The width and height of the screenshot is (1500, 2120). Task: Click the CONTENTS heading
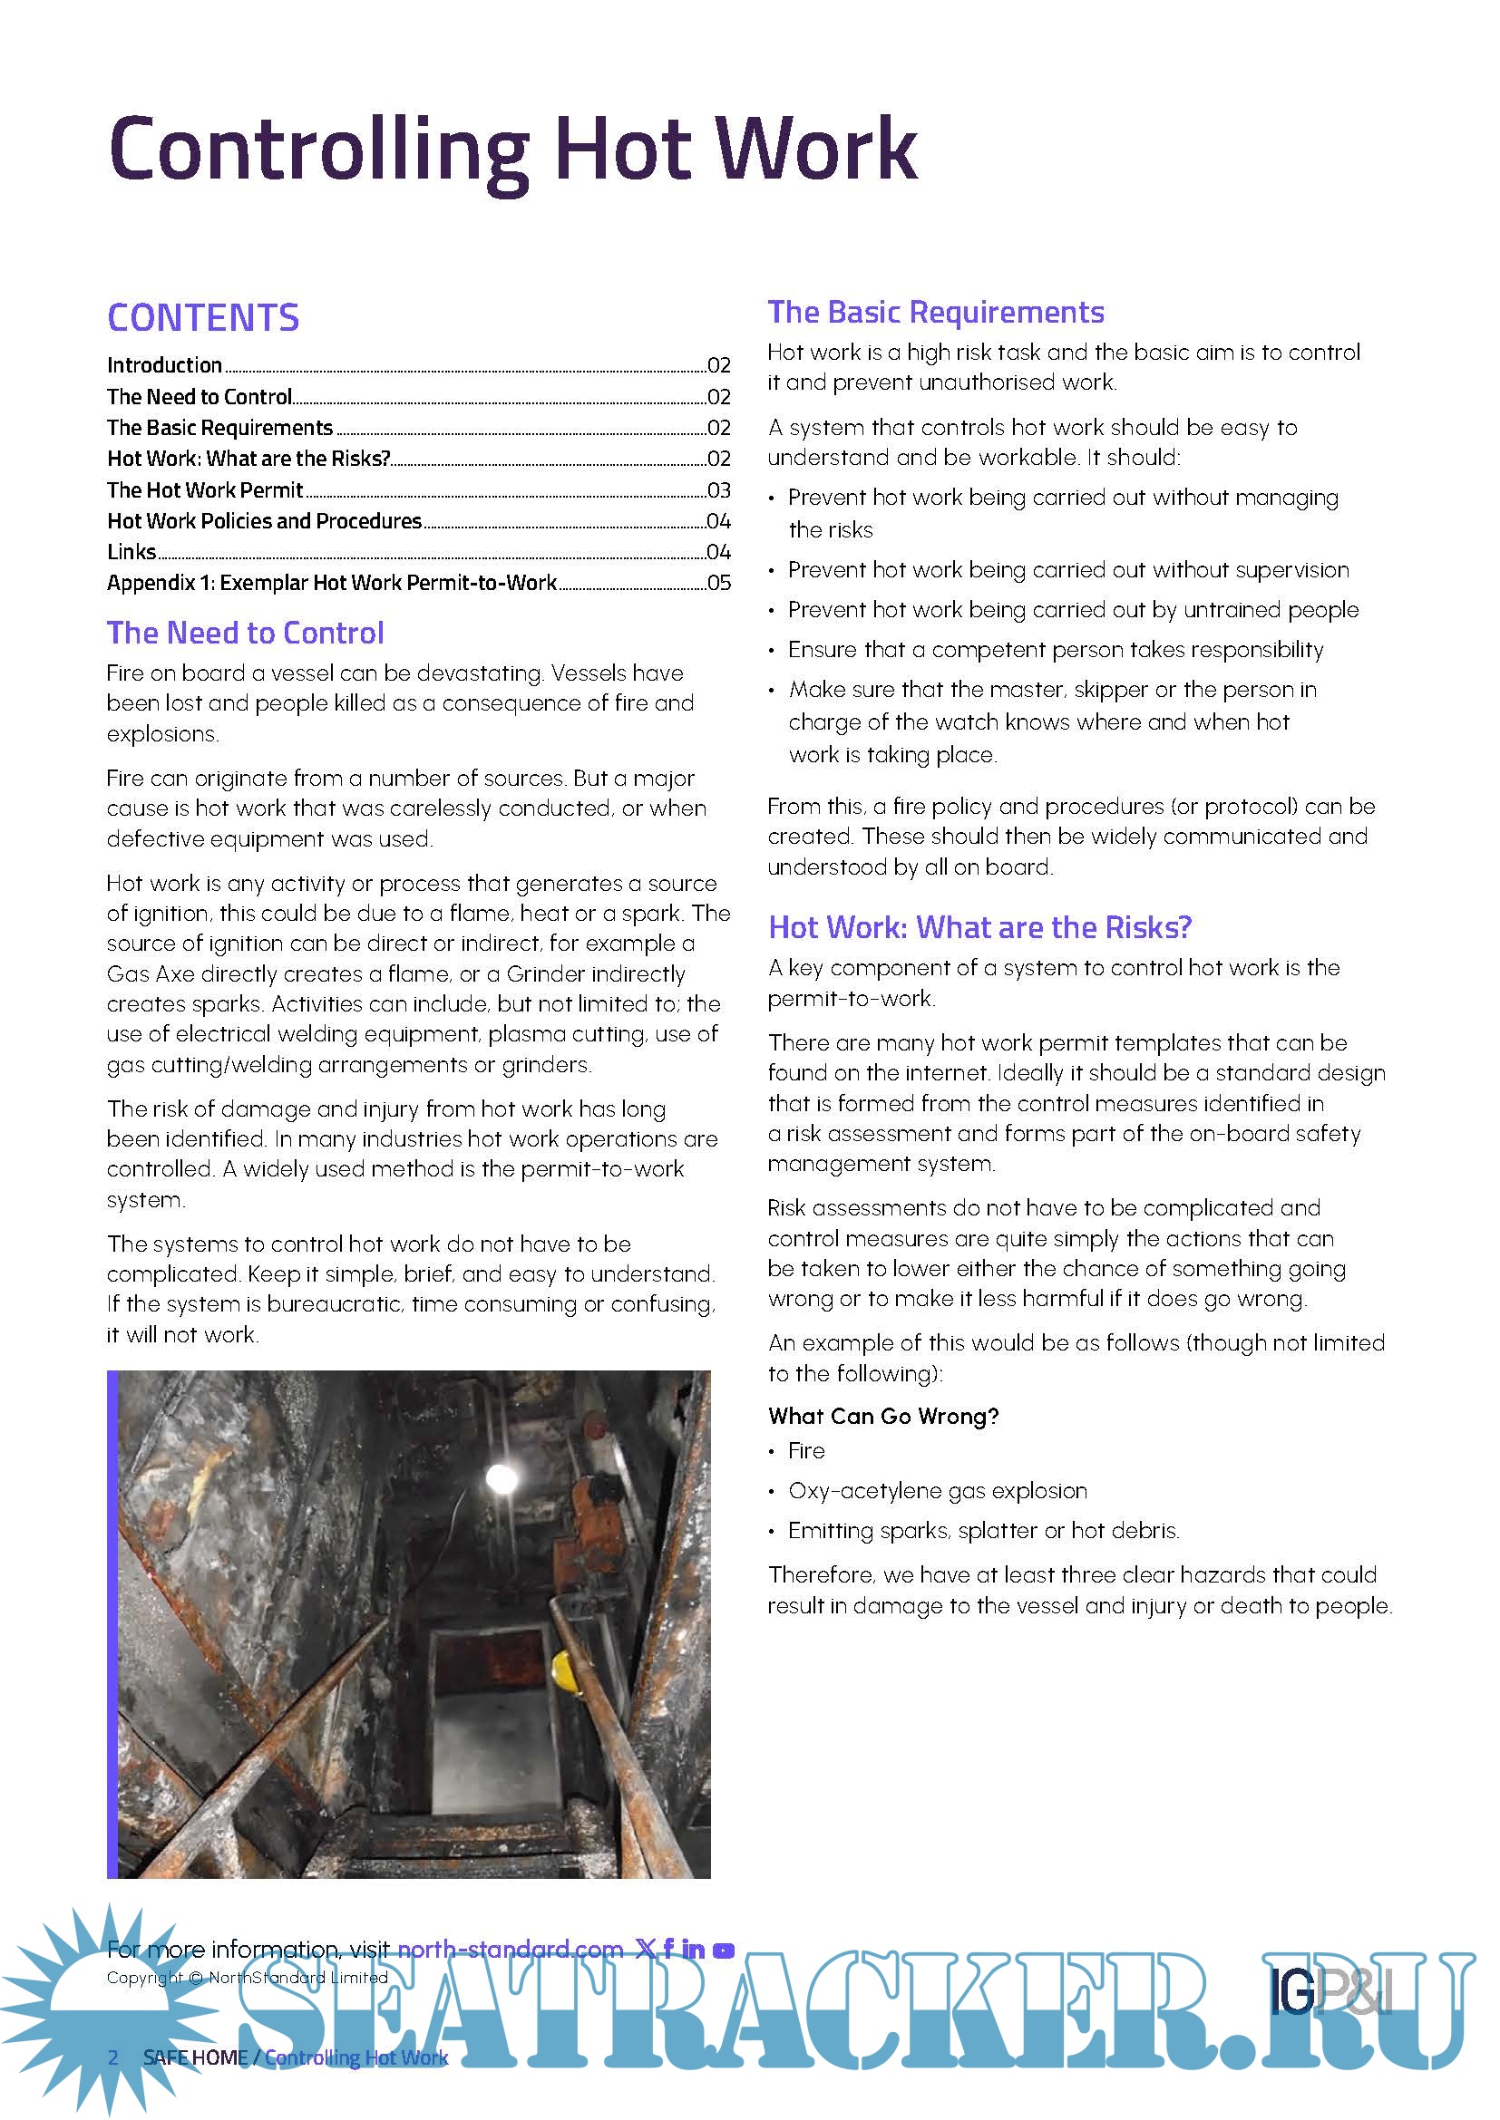point(203,317)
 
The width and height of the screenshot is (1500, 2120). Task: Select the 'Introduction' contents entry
point(164,364)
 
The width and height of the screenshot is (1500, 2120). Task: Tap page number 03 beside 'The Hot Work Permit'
point(718,489)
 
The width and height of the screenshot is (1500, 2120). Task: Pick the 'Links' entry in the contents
point(131,552)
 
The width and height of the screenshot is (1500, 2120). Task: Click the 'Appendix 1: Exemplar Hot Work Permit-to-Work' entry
point(332,583)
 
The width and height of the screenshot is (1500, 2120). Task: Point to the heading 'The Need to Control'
point(245,633)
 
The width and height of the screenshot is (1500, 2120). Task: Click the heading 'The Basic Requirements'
point(935,312)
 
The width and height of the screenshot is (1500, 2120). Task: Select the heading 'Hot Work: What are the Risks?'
point(980,927)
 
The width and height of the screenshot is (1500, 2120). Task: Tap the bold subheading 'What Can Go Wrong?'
point(883,1417)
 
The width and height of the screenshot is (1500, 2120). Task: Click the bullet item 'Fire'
point(806,1450)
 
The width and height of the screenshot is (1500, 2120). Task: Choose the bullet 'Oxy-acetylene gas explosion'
point(938,1490)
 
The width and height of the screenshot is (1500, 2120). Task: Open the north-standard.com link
point(510,1950)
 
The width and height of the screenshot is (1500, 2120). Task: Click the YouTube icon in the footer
point(724,1950)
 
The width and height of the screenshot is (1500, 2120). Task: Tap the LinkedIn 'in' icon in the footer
point(694,1950)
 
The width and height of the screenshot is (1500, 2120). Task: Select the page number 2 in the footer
point(112,2057)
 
